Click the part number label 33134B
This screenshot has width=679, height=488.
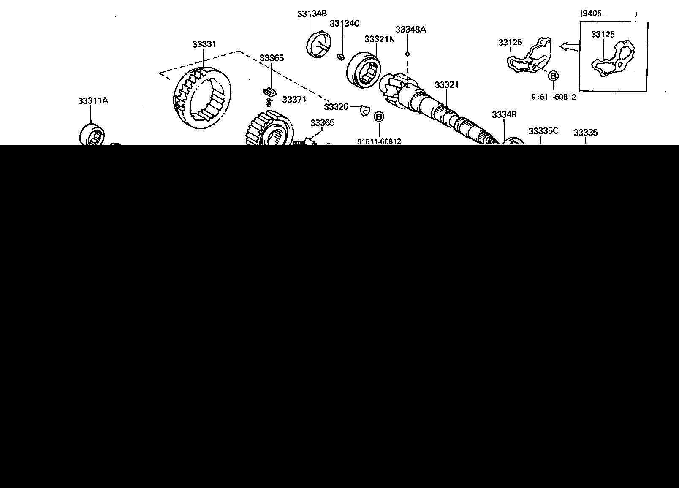click(x=312, y=14)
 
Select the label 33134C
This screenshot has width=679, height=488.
click(x=345, y=23)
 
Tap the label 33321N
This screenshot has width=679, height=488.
click(x=379, y=39)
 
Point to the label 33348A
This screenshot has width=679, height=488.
click(x=410, y=29)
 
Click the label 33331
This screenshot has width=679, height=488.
click(x=204, y=44)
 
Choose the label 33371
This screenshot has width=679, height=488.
click(x=294, y=100)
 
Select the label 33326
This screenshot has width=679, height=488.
click(x=336, y=107)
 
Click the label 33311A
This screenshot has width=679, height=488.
click(x=93, y=101)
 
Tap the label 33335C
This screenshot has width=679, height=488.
click(x=543, y=131)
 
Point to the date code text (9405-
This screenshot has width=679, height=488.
click(x=593, y=14)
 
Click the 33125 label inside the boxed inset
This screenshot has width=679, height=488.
click(x=603, y=35)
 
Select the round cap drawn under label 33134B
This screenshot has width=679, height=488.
click(x=318, y=44)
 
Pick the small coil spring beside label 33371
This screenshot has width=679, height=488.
click(x=269, y=102)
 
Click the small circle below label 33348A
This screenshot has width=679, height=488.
click(x=407, y=54)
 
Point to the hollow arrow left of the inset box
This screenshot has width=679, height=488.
click(x=568, y=46)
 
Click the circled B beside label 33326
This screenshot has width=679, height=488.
click(x=379, y=117)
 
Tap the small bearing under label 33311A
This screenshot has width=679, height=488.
click(x=92, y=135)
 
